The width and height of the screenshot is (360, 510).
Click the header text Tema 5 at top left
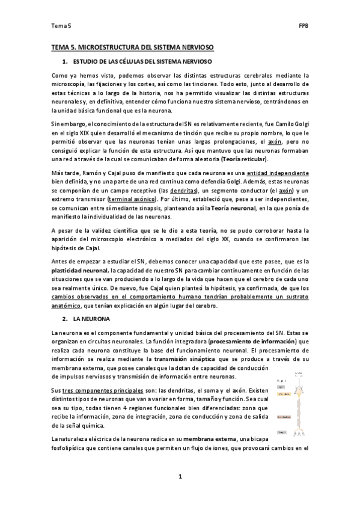coord(61,26)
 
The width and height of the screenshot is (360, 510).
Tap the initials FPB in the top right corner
coord(304,26)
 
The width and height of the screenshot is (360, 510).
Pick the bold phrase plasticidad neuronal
coord(79,271)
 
